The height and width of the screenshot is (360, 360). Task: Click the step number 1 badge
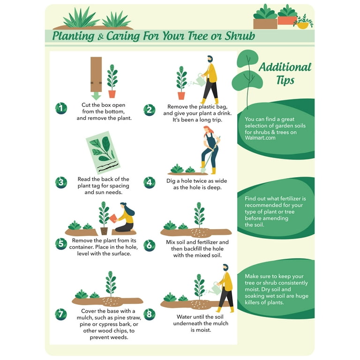pos(61,108)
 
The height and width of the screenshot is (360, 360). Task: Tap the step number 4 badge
pos(149,182)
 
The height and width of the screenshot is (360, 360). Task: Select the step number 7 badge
pos(61,315)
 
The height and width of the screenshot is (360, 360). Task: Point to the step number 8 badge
pos(149,315)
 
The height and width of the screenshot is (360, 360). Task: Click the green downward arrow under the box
pos(96,96)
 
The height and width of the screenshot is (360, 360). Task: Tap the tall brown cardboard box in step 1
pos(96,75)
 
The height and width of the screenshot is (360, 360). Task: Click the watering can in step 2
pos(200,80)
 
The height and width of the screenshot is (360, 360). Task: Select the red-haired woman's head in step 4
pos(207,130)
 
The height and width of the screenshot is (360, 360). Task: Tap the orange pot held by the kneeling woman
pos(113,218)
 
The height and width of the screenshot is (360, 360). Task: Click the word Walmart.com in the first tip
pos(260,138)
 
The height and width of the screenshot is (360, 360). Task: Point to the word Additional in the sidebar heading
pos(285,67)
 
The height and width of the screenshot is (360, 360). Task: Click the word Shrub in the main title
pos(240,36)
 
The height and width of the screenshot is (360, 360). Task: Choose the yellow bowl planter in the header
pos(303,25)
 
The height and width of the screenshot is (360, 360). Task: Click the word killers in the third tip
pos(253,302)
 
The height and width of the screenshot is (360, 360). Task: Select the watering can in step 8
pos(216,289)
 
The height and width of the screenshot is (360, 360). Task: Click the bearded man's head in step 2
pos(210,59)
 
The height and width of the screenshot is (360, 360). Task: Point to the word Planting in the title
pos(73,36)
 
